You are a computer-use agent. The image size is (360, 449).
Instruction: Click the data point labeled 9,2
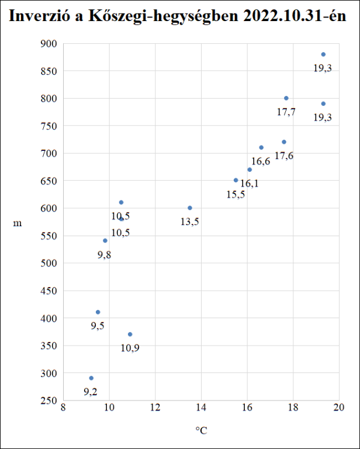pyautogui.click(x=91, y=378)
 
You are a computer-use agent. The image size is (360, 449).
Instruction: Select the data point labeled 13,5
pyautogui.click(x=190, y=208)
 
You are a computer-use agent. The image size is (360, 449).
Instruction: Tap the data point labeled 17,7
pyautogui.click(x=286, y=98)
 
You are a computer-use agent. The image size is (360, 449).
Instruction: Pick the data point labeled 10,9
pyautogui.click(x=130, y=334)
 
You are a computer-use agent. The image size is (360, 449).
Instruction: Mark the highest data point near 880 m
pyautogui.click(x=323, y=54)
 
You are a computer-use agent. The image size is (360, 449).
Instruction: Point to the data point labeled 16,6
pyautogui.click(x=261, y=147)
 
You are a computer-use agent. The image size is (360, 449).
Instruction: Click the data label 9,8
pyautogui.click(x=105, y=255)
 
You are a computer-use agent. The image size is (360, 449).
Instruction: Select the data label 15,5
pyautogui.click(x=236, y=194)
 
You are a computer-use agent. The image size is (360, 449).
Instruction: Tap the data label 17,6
pyautogui.click(x=284, y=156)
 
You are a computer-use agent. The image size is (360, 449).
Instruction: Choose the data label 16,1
pyautogui.click(x=250, y=184)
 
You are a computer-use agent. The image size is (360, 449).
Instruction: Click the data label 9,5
pyautogui.click(x=98, y=326)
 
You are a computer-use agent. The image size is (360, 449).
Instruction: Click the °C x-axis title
pyautogui.click(x=201, y=431)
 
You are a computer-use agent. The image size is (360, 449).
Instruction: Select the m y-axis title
pyautogui.click(x=18, y=223)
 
